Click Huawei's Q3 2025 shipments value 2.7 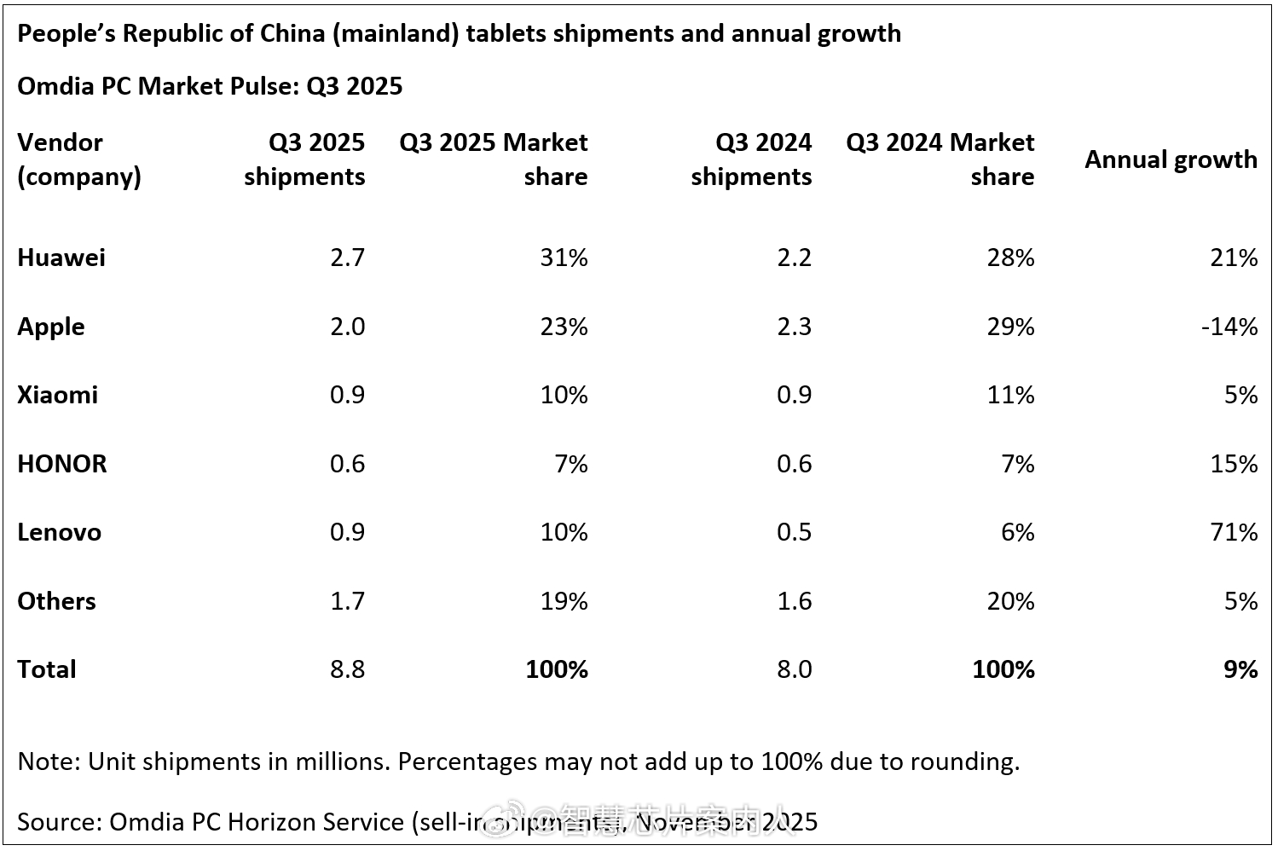(347, 258)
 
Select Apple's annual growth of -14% (1229, 327)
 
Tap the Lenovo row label (59, 532)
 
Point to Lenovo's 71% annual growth (1234, 532)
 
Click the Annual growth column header (1170, 159)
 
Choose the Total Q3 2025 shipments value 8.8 (347, 669)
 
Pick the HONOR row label (62, 464)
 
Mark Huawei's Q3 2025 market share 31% (564, 258)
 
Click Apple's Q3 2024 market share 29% (1010, 327)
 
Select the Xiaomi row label (57, 395)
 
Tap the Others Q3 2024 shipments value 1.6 (794, 601)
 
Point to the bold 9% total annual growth (1240, 669)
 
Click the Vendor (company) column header (78, 159)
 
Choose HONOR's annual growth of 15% (1234, 464)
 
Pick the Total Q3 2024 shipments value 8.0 (794, 669)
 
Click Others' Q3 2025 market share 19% (564, 601)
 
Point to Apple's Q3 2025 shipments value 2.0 (347, 327)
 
